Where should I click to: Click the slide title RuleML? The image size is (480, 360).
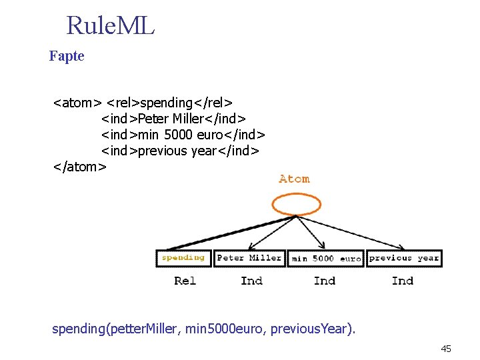[x=111, y=26]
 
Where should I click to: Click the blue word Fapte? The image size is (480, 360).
[x=67, y=56]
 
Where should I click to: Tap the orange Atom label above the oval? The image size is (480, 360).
[x=294, y=179]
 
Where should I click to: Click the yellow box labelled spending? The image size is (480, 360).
[x=183, y=258]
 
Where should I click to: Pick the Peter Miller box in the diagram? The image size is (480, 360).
[x=249, y=258]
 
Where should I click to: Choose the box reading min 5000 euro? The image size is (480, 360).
[x=326, y=258]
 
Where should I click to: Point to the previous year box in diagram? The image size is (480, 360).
[x=403, y=258]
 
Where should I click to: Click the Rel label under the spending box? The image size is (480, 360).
[x=185, y=281]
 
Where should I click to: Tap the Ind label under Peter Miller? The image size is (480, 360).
[x=251, y=281]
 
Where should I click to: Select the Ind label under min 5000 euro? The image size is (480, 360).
[x=325, y=281]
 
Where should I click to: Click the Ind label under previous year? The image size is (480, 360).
[x=403, y=281]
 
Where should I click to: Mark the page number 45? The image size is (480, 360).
[x=446, y=349]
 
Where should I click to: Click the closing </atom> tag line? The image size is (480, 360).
[x=79, y=167]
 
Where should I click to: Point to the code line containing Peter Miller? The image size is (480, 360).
[x=171, y=119]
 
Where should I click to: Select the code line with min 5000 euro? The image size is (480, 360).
[x=183, y=135]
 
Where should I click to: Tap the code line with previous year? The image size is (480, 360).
[x=179, y=151]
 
